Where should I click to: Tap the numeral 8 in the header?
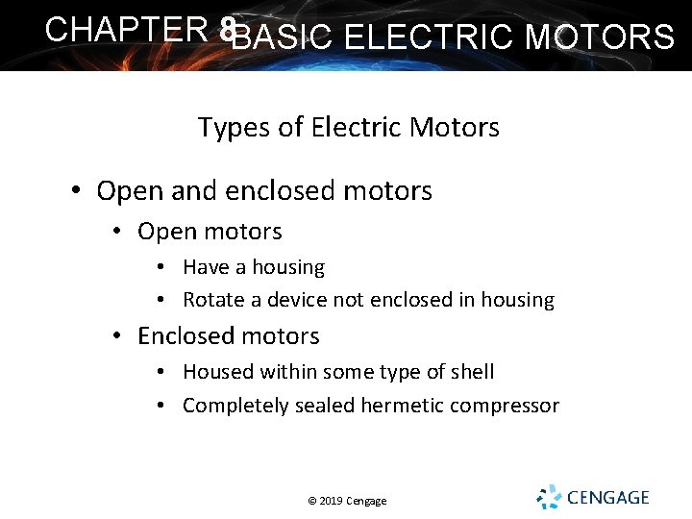(x=227, y=31)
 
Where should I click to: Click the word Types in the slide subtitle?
(x=227, y=127)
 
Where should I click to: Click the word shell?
(x=471, y=372)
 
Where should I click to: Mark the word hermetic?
(x=398, y=406)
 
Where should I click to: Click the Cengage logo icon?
(x=548, y=497)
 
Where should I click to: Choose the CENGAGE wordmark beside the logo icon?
(x=607, y=498)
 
